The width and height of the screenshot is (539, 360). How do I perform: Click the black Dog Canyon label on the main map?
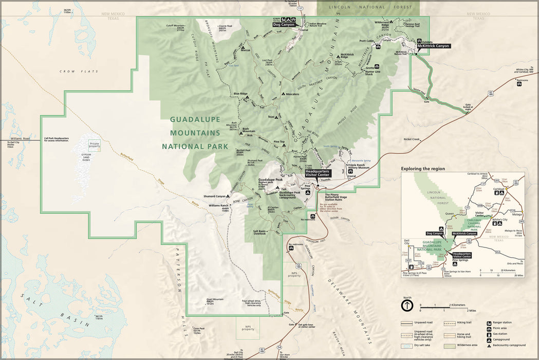284,24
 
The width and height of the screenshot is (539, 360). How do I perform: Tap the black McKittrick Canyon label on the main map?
433,46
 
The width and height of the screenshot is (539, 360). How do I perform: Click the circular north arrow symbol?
407,305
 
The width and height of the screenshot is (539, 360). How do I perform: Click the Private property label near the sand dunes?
95,145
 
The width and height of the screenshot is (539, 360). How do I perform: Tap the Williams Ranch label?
218,205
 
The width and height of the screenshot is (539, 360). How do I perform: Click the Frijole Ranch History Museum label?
359,167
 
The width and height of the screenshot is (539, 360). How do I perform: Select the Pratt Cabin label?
366,41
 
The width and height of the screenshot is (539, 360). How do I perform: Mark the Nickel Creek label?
412,139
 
